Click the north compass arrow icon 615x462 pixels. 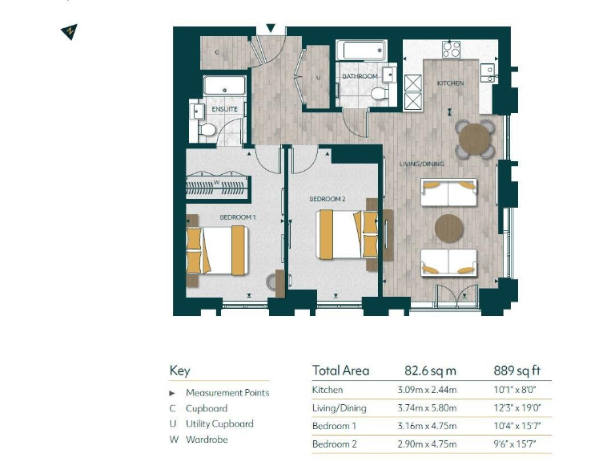tap(70, 32)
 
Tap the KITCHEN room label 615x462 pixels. tap(449, 83)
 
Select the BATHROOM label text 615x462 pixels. tap(360, 77)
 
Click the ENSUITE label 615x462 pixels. tap(225, 107)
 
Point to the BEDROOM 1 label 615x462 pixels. tap(238, 217)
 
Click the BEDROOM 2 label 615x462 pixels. tap(328, 198)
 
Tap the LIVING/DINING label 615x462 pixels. tap(422, 164)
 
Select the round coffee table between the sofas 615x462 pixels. tap(449, 228)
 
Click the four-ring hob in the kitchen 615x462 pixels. tap(452, 50)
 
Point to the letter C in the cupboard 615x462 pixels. tap(216, 52)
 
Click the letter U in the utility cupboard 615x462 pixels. tap(318, 78)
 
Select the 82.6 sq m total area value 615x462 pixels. tap(430, 371)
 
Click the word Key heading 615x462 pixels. tap(179, 371)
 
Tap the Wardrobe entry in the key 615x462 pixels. tap(207, 440)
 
